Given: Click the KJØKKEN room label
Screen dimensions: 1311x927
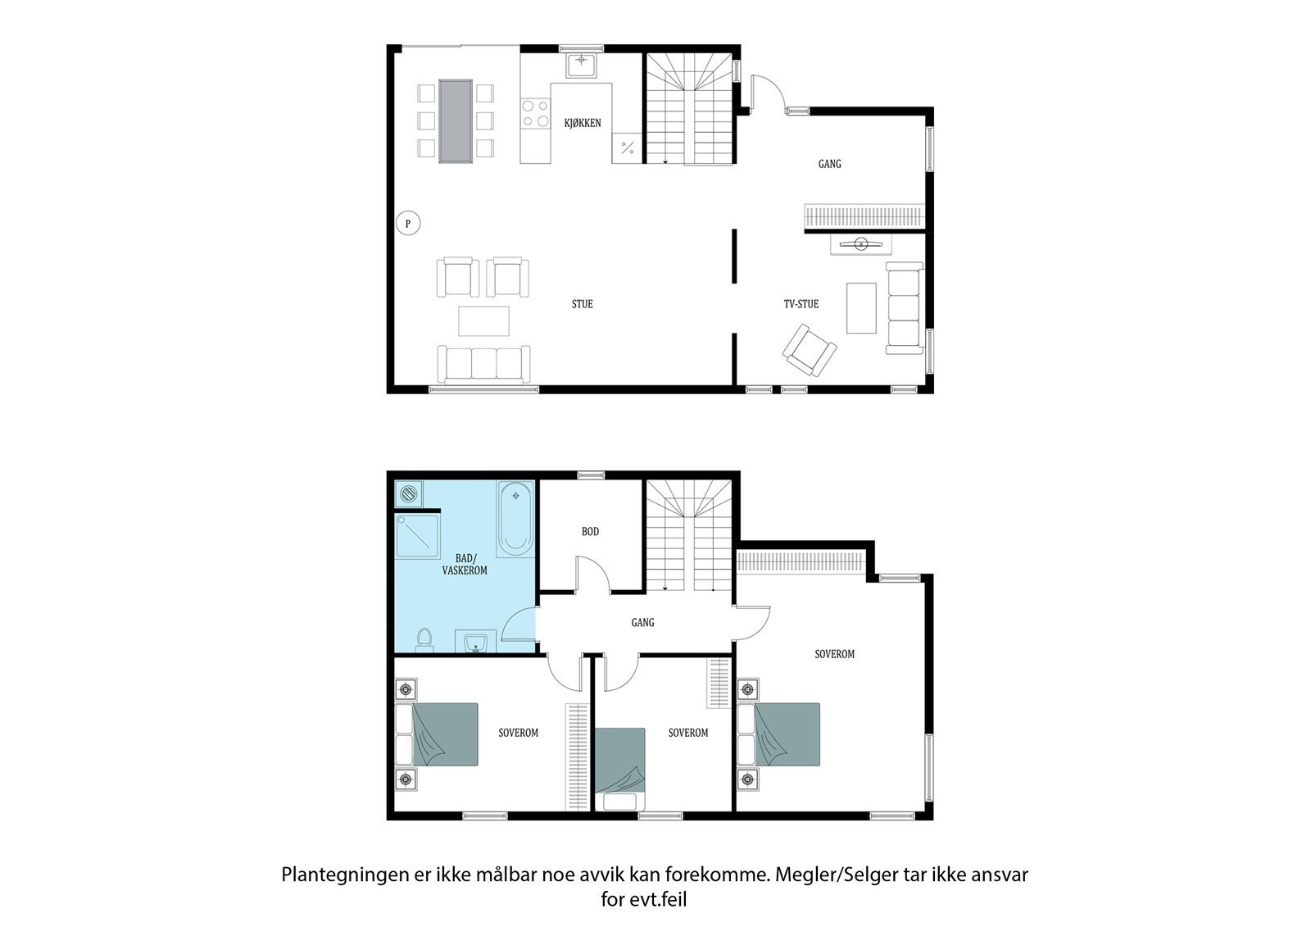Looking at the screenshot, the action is point(583,123).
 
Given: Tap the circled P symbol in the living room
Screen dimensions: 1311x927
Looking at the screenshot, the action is point(408,223).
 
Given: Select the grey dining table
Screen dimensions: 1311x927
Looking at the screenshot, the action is point(456,121).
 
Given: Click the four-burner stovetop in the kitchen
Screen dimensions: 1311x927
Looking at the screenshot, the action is point(536,114).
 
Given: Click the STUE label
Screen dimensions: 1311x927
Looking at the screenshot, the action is point(583,304).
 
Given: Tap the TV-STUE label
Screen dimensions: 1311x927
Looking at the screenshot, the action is point(801,304).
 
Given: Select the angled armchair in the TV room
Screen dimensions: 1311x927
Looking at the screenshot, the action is point(810,350).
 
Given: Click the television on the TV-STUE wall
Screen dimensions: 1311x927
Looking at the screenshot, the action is point(861,243).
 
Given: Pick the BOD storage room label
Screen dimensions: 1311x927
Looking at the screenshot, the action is point(590,532).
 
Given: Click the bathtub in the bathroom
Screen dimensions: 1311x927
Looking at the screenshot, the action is point(515,519).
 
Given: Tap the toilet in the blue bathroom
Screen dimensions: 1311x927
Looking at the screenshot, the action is point(424,639).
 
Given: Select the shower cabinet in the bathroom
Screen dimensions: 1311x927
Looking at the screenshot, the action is point(417,536).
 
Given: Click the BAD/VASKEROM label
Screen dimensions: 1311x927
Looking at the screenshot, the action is point(465,565).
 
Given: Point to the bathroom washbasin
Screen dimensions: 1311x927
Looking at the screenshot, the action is point(476,641).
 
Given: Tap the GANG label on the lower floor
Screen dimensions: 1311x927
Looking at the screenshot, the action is point(642,622).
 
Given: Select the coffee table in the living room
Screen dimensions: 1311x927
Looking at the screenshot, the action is point(483,321).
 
